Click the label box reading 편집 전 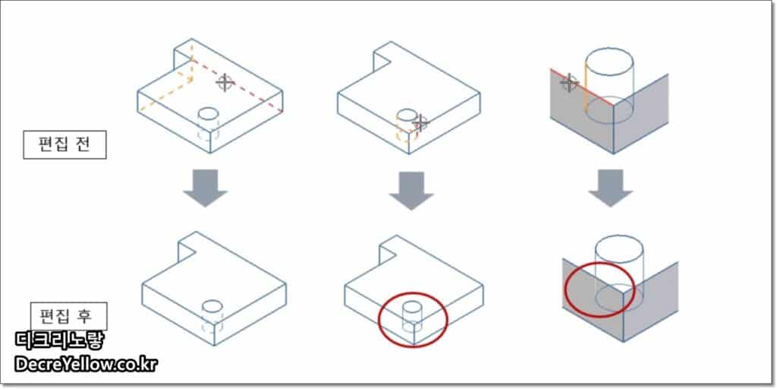[65, 145]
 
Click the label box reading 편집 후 [69, 315]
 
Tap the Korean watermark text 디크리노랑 [60, 340]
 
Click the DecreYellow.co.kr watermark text [86, 365]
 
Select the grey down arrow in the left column [205, 188]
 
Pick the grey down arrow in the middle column [411, 191]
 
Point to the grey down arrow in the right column [611, 188]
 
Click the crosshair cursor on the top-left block [225, 82]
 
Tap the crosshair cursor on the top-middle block [420, 122]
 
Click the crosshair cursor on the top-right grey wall [569, 83]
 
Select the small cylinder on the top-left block [208, 124]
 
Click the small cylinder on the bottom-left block [212, 318]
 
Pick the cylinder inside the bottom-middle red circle [412, 317]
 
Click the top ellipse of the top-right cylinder [609, 62]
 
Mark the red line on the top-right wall [582, 87]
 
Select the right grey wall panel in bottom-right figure [650, 301]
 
